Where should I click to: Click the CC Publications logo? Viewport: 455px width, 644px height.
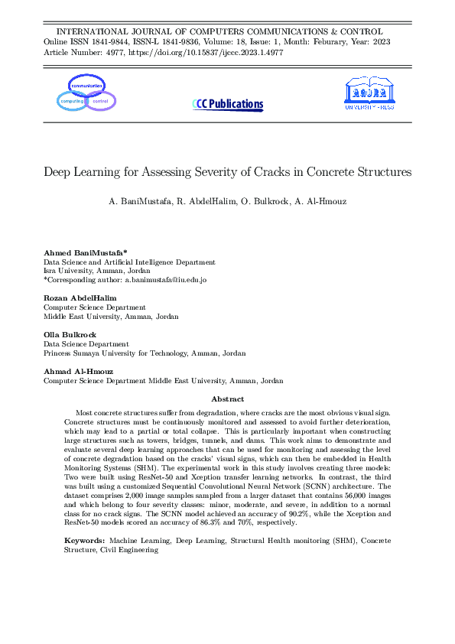(x=227, y=104)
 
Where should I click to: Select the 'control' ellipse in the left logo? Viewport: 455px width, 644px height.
(x=99, y=101)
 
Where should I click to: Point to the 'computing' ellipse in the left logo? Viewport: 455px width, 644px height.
(x=72, y=101)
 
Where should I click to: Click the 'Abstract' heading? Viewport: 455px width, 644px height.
(x=227, y=399)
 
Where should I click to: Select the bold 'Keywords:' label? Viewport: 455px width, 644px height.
(x=86, y=541)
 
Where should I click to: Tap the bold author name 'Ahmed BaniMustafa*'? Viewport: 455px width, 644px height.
(x=85, y=252)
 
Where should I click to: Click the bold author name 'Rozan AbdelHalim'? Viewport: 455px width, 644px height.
(x=80, y=297)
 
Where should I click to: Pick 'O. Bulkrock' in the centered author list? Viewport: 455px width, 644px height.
(x=258, y=203)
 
